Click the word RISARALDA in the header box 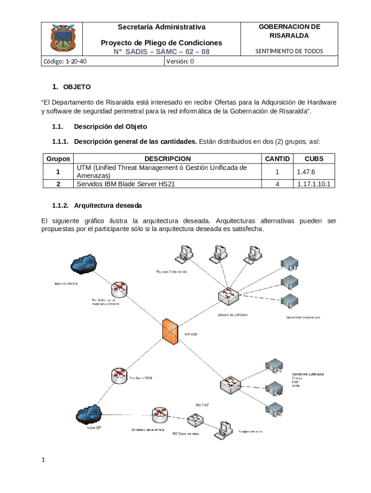point(289,36)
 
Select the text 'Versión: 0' point(180,61)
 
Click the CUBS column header point(314,158)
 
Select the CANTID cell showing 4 point(277,184)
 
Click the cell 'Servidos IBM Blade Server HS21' point(124,184)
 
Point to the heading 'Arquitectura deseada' point(108,206)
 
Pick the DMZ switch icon point(230,384)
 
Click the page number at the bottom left point(43,460)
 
